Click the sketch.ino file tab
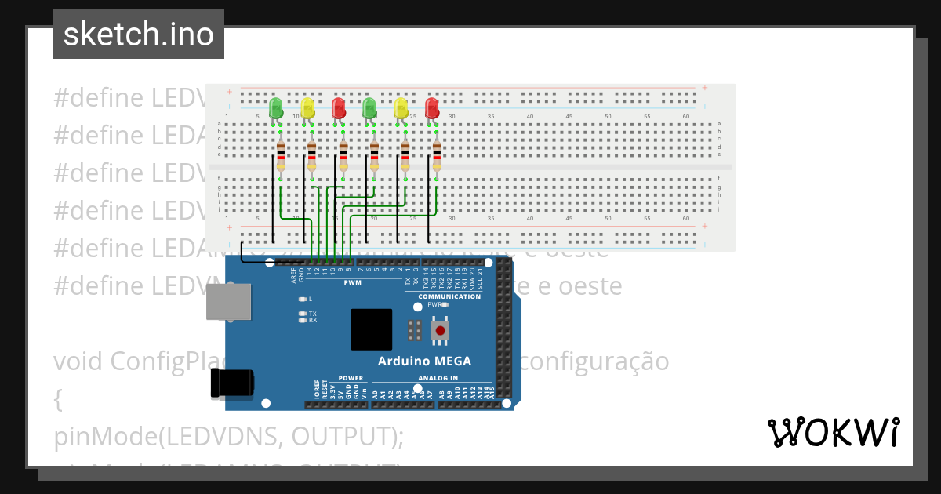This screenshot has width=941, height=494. [139, 35]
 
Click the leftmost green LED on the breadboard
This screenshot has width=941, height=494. [275, 107]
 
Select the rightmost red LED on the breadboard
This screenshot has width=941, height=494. [432, 107]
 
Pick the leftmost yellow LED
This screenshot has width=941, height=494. [307, 107]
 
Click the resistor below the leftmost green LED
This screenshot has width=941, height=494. [280, 156]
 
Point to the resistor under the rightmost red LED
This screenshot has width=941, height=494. [437, 156]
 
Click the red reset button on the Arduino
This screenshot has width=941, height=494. [441, 331]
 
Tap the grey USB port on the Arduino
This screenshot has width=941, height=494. [229, 301]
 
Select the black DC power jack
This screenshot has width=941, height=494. [233, 383]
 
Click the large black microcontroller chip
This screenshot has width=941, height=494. [371, 329]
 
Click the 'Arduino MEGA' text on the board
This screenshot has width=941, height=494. [424, 361]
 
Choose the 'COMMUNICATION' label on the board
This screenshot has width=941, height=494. [449, 296]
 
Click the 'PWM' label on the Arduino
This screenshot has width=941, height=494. [352, 282]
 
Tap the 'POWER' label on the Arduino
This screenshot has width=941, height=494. [351, 377]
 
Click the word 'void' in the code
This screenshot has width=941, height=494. [79, 361]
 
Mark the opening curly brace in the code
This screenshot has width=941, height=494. [58, 399]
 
